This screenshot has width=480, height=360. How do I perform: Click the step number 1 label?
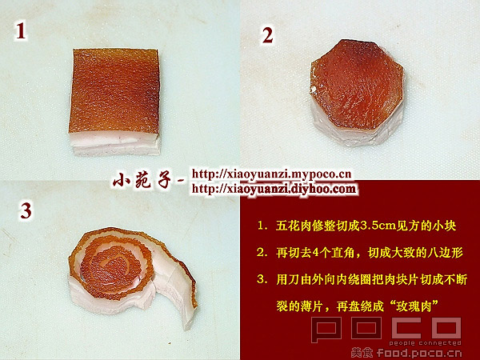(x=21, y=31)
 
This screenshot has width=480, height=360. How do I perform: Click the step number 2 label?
(x=267, y=35)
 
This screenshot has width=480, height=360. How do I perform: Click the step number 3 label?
(x=26, y=211)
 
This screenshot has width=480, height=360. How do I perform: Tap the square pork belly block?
(x=114, y=102)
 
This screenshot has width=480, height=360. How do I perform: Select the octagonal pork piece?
(x=357, y=93)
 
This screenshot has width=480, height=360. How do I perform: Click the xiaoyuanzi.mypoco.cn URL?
(x=271, y=174)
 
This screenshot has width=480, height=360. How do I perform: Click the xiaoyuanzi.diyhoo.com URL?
(x=274, y=189)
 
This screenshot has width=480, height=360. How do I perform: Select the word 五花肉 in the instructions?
(x=294, y=226)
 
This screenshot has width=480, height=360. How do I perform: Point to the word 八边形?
(x=444, y=253)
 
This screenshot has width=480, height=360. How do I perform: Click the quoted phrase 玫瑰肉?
(x=414, y=306)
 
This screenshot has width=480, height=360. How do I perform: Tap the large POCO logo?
(x=386, y=329)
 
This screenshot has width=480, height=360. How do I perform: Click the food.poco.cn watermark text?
(x=419, y=353)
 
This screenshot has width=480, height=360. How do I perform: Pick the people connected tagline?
(x=426, y=343)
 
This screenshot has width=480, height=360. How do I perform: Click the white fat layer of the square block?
(x=114, y=143)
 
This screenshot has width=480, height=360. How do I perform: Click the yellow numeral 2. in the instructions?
(x=262, y=254)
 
